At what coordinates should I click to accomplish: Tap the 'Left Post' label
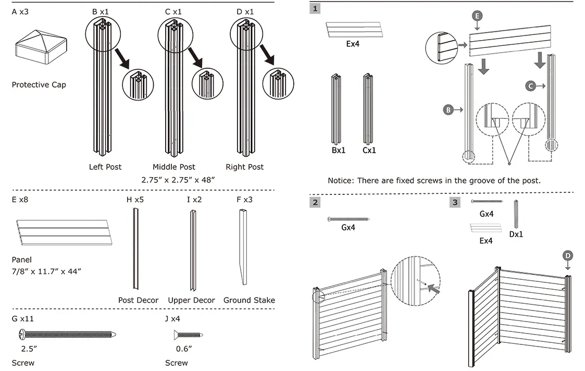click(105, 167)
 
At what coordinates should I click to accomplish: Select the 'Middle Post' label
click(174, 167)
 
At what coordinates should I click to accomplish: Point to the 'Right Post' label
click(244, 167)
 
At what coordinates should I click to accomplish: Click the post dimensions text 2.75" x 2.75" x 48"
click(178, 179)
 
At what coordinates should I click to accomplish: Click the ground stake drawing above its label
click(244, 248)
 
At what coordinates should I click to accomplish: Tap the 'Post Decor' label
click(138, 300)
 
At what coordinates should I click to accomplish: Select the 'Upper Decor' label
click(191, 300)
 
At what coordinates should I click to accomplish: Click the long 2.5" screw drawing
click(67, 334)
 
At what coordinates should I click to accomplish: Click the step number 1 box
click(315, 9)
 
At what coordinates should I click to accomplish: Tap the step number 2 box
click(315, 202)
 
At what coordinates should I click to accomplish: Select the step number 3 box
click(455, 202)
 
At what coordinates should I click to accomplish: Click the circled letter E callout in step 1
click(477, 17)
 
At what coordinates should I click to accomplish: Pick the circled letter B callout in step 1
click(448, 109)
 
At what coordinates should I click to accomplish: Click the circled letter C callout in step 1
click(530, 85)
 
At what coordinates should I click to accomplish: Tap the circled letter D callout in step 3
click(568, 255)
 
